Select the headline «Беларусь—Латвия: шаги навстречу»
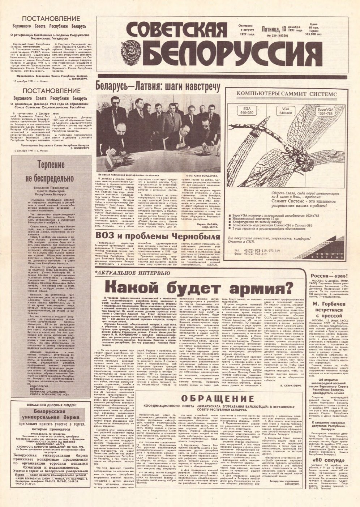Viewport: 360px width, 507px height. coord(157,87)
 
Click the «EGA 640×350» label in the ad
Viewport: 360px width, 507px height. coord(243,110)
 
